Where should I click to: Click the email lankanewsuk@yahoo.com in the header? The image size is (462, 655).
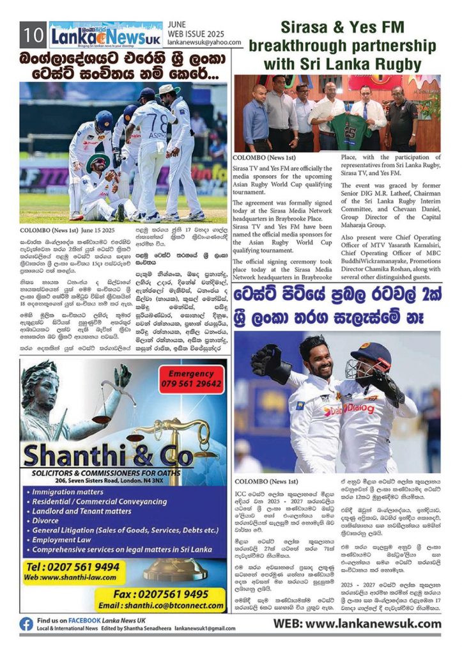[x=204, y=43]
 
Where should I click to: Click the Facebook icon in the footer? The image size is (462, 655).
[x=26, y=624]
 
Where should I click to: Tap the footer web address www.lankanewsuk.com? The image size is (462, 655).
[x=357, y=624]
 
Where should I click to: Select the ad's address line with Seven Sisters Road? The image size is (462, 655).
[x=89, y=480]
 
